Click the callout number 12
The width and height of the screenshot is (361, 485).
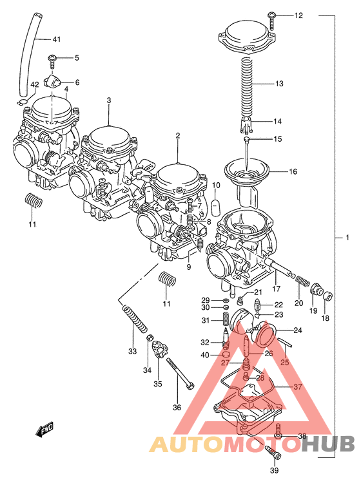[x=298, y=15]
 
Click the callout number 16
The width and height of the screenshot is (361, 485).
[x=293, y=172]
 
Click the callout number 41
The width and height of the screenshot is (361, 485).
[x=57, y=40]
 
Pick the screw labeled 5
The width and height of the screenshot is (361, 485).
[x=53, y=60]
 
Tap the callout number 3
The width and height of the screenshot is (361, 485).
[x=109, y=100]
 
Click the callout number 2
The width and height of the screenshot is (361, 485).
[x=177, y=136]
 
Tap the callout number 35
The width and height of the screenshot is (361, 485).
[x=158, y=385]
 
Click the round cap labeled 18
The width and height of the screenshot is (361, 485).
[x=327, y=296]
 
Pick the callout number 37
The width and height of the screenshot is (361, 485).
[x=297, y=387]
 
